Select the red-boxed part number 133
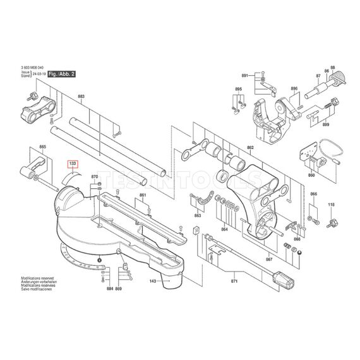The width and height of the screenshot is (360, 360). (x=73, y=164)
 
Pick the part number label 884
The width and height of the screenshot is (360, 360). (x=109, y=289)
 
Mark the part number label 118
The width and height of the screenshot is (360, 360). (x=330, y=205)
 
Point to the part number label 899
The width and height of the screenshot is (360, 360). (x=326, y=126)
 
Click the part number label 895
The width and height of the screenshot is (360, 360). (x=238, y=90)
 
